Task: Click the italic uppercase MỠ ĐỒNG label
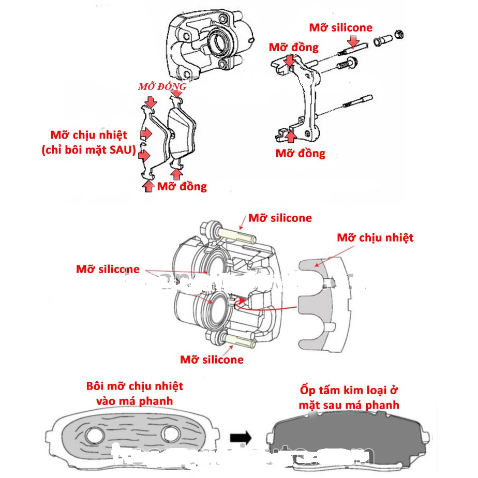(x=162, y=87)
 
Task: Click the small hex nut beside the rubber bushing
(x=399, y=35)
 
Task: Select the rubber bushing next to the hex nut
(x=382, y=38)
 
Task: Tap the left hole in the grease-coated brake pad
(x=94, y=436)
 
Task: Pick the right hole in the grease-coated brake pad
(x=170, y=434)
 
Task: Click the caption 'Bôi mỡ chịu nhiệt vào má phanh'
(x=135, y=394)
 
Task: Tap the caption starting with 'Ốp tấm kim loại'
(x=349, y=397)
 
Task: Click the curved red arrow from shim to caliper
(x=269, y=309)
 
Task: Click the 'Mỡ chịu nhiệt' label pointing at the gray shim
(x=375, y=237)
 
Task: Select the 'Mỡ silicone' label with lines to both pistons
(x=108, y=269)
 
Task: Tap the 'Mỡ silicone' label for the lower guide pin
(x=212, y=359)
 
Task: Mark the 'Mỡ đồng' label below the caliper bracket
(x=300, y=153)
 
